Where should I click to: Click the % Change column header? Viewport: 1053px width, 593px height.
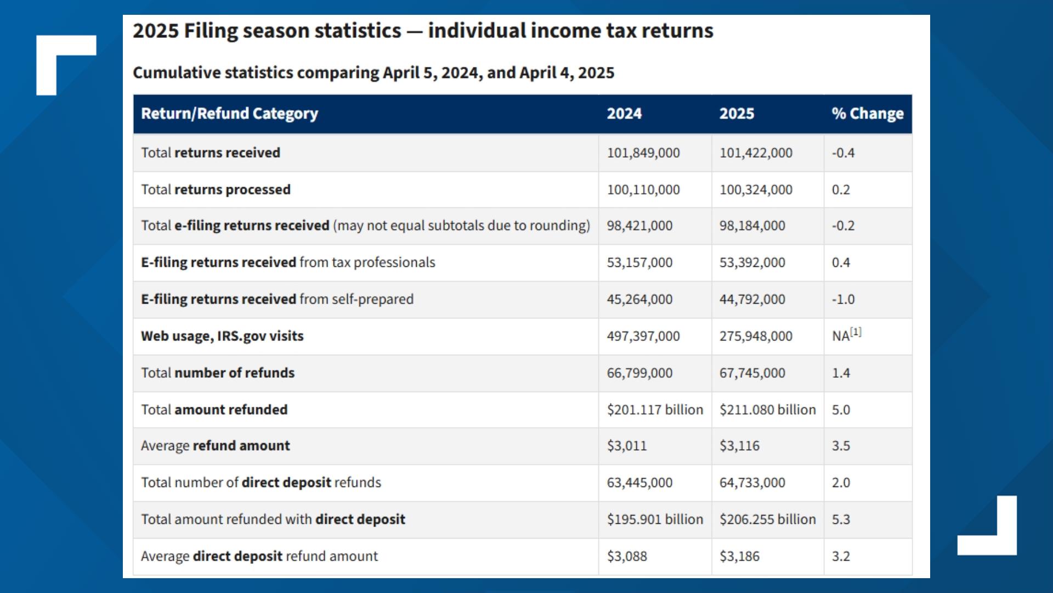[867, 114]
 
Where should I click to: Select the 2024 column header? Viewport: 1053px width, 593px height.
[624, 114]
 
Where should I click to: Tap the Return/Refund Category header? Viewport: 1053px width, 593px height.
[229, 114]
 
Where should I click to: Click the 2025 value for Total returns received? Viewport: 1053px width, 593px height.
[756, 153]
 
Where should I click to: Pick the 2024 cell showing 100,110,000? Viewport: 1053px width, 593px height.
[643, 189]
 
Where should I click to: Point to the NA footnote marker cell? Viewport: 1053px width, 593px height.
[846, 335]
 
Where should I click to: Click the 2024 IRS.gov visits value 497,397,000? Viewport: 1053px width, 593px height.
[643, 336]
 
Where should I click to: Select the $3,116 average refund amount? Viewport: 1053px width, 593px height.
[739, 446]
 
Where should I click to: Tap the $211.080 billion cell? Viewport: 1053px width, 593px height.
[767, 410]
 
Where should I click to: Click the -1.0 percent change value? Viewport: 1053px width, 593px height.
[843, 299]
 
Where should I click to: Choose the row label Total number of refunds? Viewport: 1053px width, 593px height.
[218, 373]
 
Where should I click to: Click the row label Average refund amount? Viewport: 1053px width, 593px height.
[215, 446]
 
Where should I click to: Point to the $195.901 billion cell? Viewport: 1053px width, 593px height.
[655, 519]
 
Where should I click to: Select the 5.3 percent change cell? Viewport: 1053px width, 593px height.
[841, 519]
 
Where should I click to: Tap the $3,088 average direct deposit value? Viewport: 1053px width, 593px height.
[627, 556]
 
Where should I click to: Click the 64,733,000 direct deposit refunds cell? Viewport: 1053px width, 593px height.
[752, 483]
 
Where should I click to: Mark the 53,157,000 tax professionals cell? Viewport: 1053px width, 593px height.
[639, 262]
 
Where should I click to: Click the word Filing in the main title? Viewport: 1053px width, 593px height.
[210, 31]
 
